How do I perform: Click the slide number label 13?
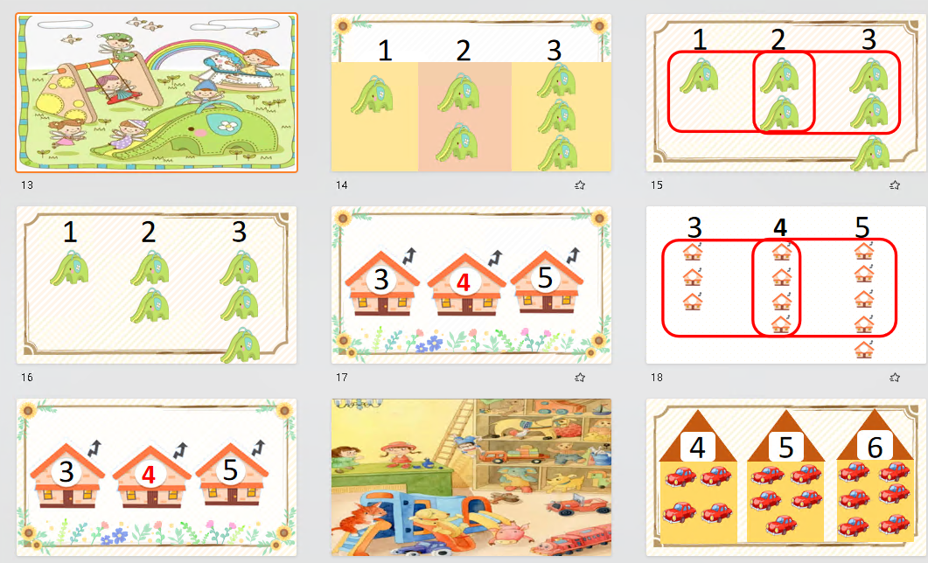(27, 185)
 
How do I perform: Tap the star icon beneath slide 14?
(580, 185)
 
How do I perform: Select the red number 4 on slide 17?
(464, 282)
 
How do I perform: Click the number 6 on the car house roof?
(875, 448)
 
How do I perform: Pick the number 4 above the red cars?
(698, 448)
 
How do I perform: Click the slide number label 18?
(657, 378)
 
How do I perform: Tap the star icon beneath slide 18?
(895, 378)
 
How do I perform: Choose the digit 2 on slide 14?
(464, 51)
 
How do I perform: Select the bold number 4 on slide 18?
(780, 227)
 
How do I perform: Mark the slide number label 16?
(27, 378)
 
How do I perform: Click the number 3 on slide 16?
(239, 232)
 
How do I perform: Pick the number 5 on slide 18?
(862, 227)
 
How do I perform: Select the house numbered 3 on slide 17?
(381, 282)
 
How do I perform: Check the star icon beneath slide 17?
(580, 378)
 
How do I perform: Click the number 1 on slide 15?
(700, 39)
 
